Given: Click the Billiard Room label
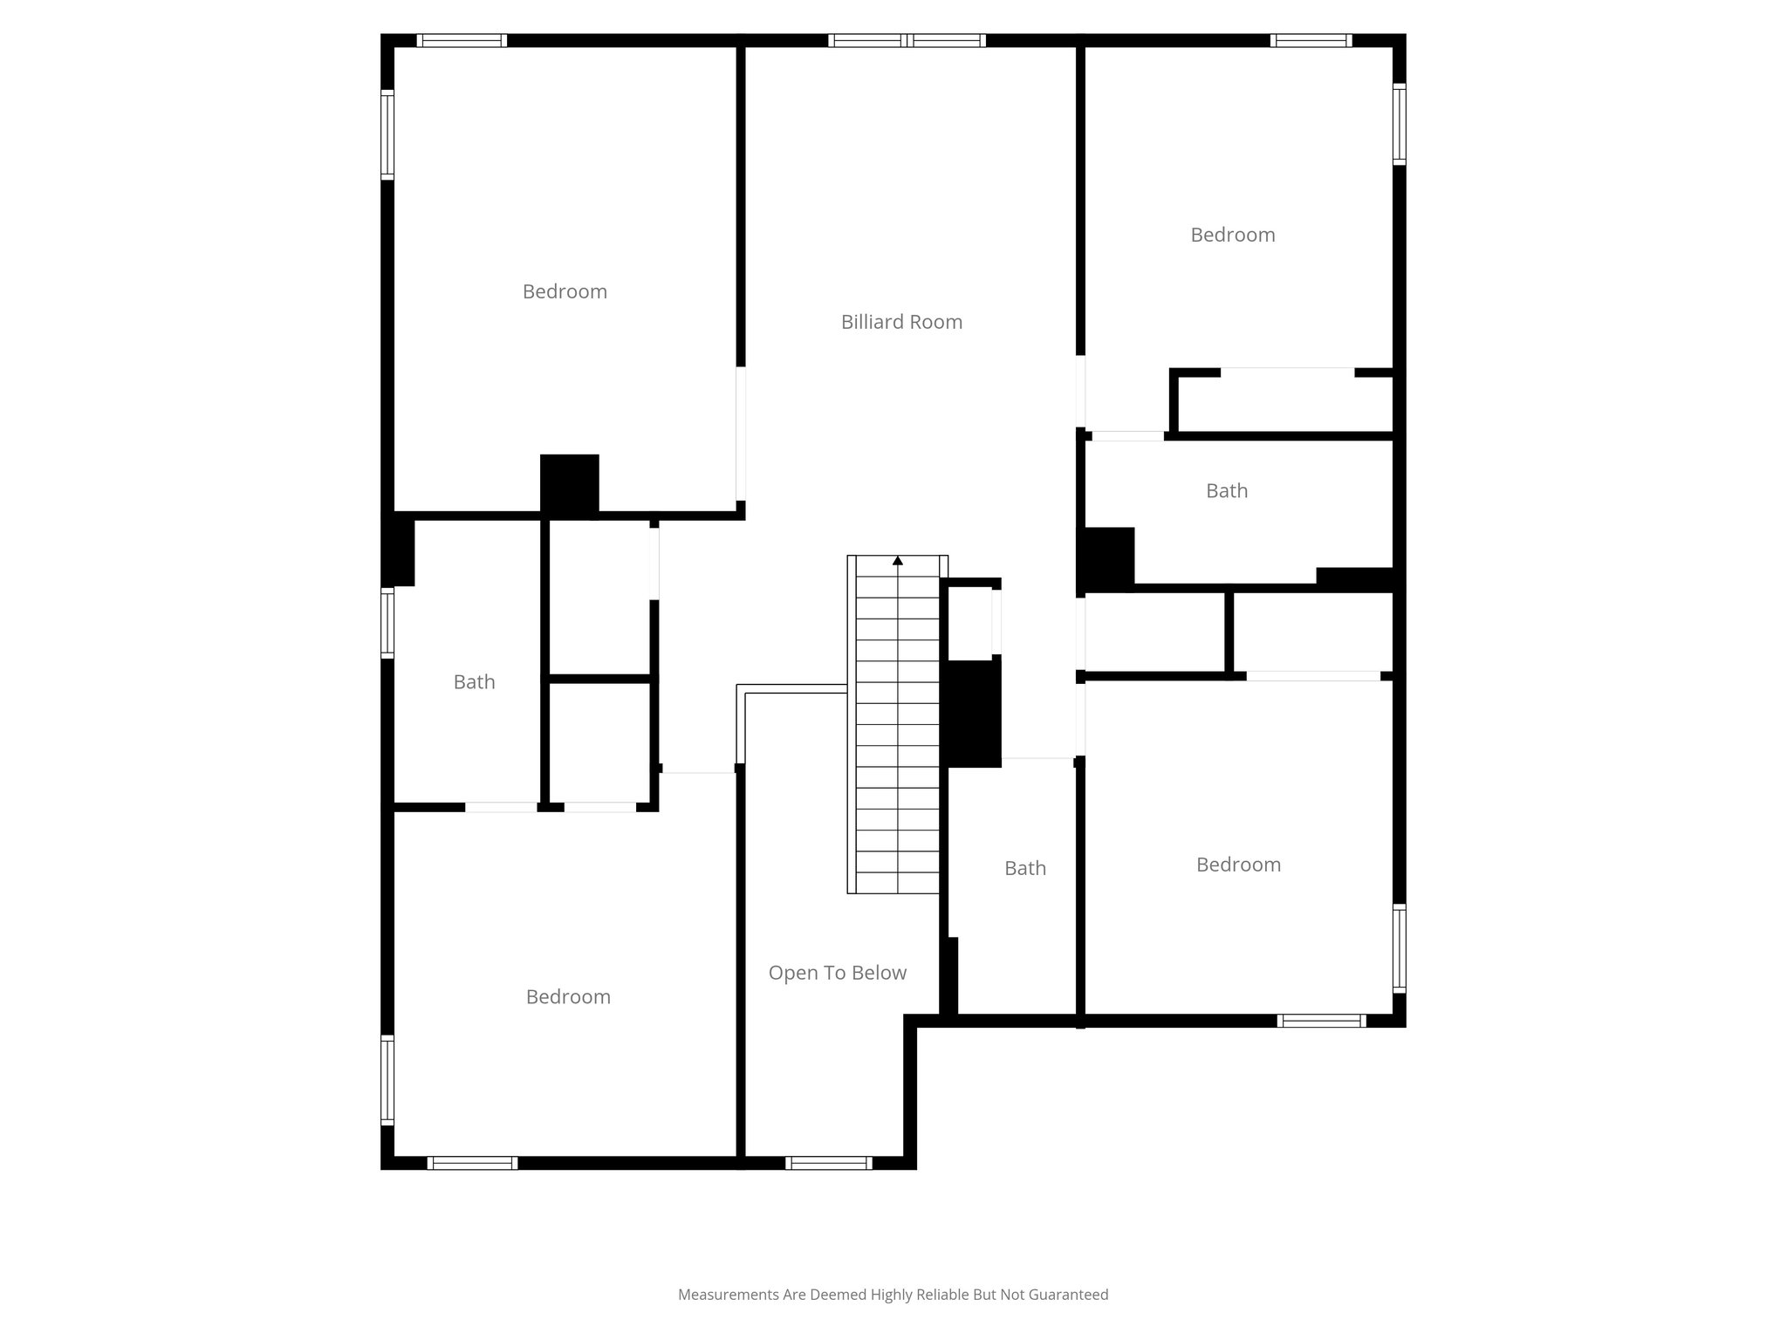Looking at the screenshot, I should pyautogui.click(x=901, y=322).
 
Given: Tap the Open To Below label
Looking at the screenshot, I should pyautogui.click(x=837, y=973).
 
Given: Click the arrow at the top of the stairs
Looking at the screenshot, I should pyautogui.click(x=898, y=561).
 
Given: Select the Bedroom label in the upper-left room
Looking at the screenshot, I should pyautogui.click(x=565, y=291).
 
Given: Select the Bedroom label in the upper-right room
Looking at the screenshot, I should pyautogui.click(x=1232, y=235).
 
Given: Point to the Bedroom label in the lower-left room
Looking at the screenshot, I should pyautogui.click(x=568, y=997).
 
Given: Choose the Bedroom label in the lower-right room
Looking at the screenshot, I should pyautogui.click(x=1238, y=865).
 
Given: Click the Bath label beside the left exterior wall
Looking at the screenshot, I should pyautogui.click(x=474, y=682).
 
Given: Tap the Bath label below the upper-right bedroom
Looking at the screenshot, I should pyautogui.click(x=1226, y=491).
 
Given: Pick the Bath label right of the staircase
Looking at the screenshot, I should pyautogui.click(x=1024, y=868).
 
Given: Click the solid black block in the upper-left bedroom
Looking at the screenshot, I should pyautogui.click(x=569, y=484).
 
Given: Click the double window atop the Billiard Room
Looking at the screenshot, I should pyautogui.click(x=907, y=40).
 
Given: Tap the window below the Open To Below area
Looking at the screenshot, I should pyautogui.click(x=828, y=1163).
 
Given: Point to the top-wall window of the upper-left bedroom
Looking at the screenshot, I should pyautogui.click(x=462, y=40).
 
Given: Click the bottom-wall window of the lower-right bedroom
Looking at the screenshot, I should pyautogui.click(x=1321, y=1021).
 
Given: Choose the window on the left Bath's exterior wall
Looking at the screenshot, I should pyautogui.click(x=387, y=622).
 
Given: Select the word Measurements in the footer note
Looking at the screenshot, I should pyautogui.click(x=728, y=1295).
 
